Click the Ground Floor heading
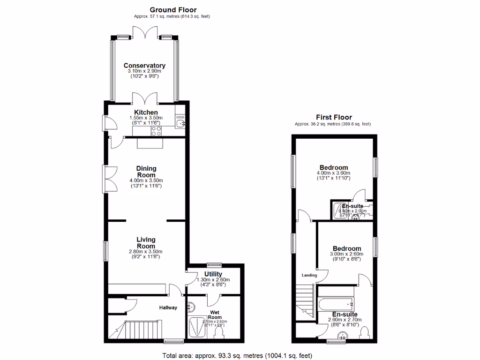click(x=173, y=9)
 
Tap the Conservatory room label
click(x=144, y=66)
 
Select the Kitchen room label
click(x=146, y=112)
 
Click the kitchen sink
click(x=181, y=123)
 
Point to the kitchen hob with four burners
click(x=156, y=131)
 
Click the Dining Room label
click(x=146, y=172)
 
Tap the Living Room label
click(x=146, y=243)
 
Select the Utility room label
click(x=213, y=274)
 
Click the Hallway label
click(x=168, y=308)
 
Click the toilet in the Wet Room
click(x=218, y=333)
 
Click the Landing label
click(x=309, y=276)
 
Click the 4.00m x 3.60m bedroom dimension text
click(x=333, y=173)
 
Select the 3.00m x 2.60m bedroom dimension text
click(x=347, y=254)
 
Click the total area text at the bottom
click(x=237, y=355)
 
